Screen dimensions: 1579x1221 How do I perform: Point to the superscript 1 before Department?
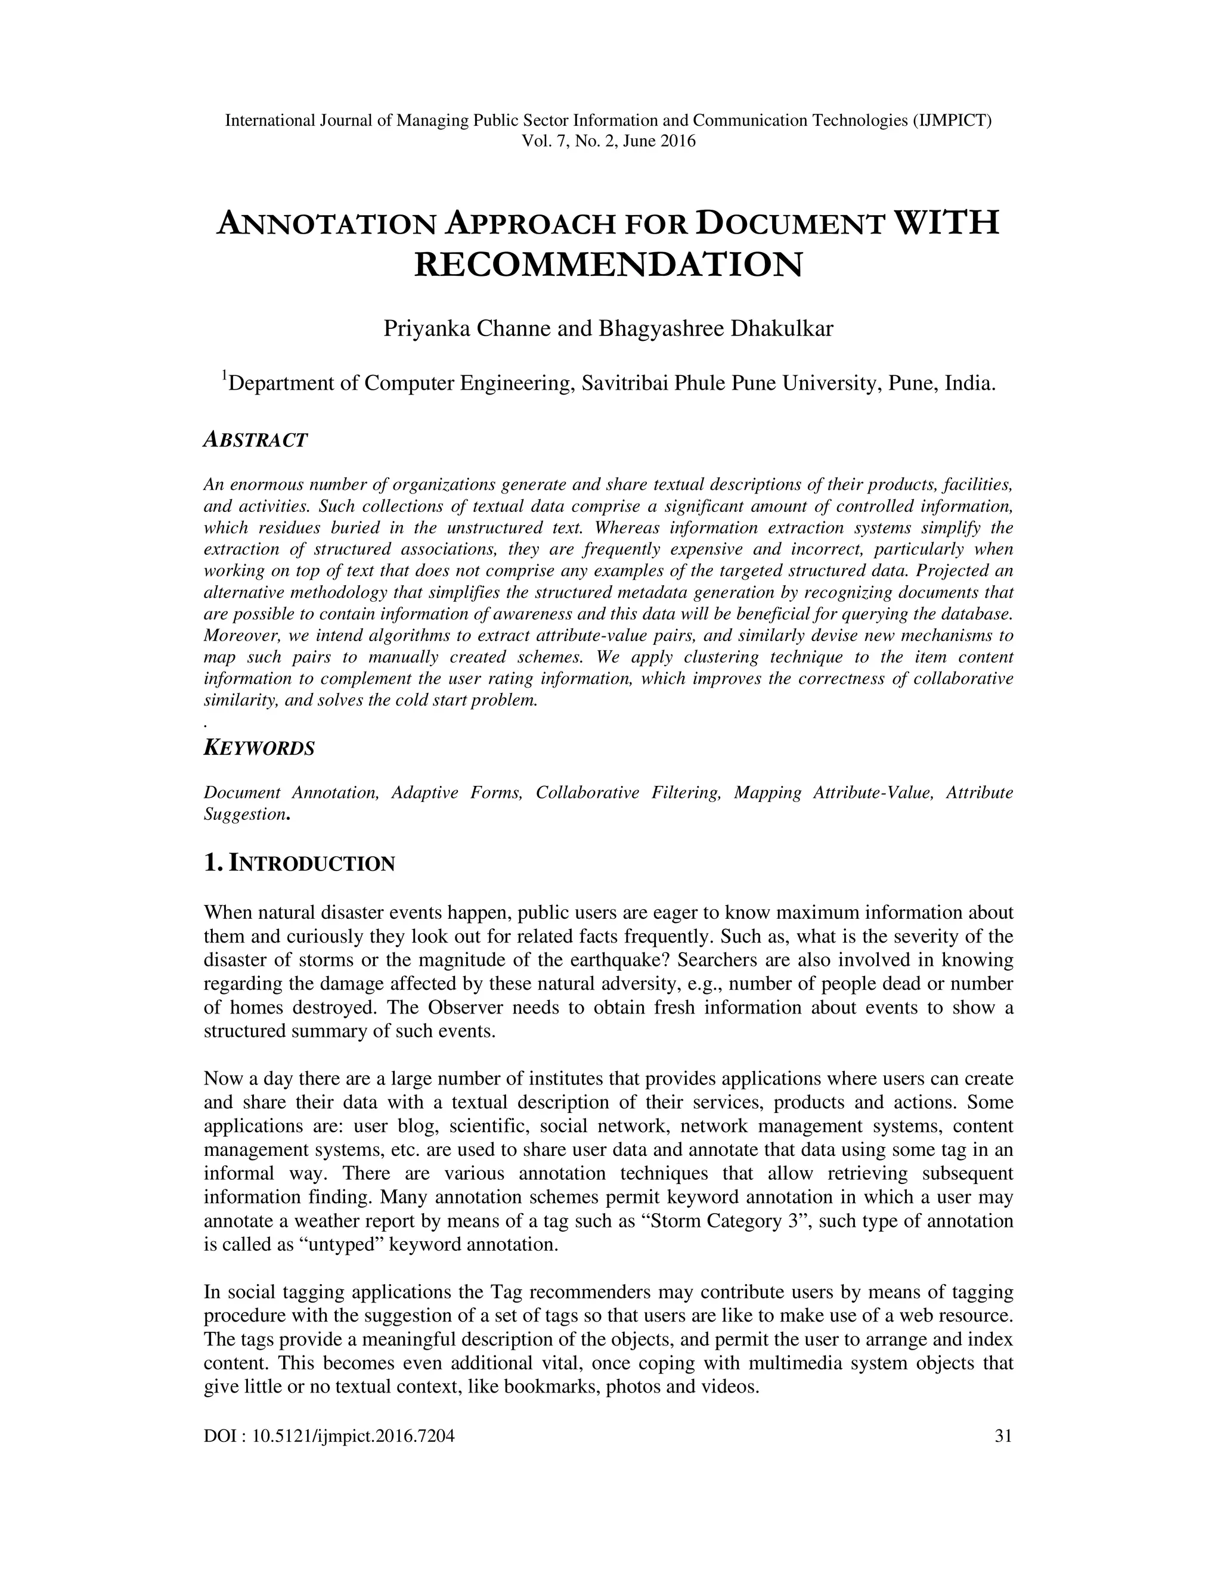224,375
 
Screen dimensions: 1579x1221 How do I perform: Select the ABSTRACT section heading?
256,440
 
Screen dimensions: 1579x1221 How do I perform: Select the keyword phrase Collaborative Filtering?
628,793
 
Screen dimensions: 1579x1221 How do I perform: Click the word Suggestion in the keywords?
244,815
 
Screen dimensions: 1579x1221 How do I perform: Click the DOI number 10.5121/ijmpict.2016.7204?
353,1436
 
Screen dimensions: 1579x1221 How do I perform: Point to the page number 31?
1003,1436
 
